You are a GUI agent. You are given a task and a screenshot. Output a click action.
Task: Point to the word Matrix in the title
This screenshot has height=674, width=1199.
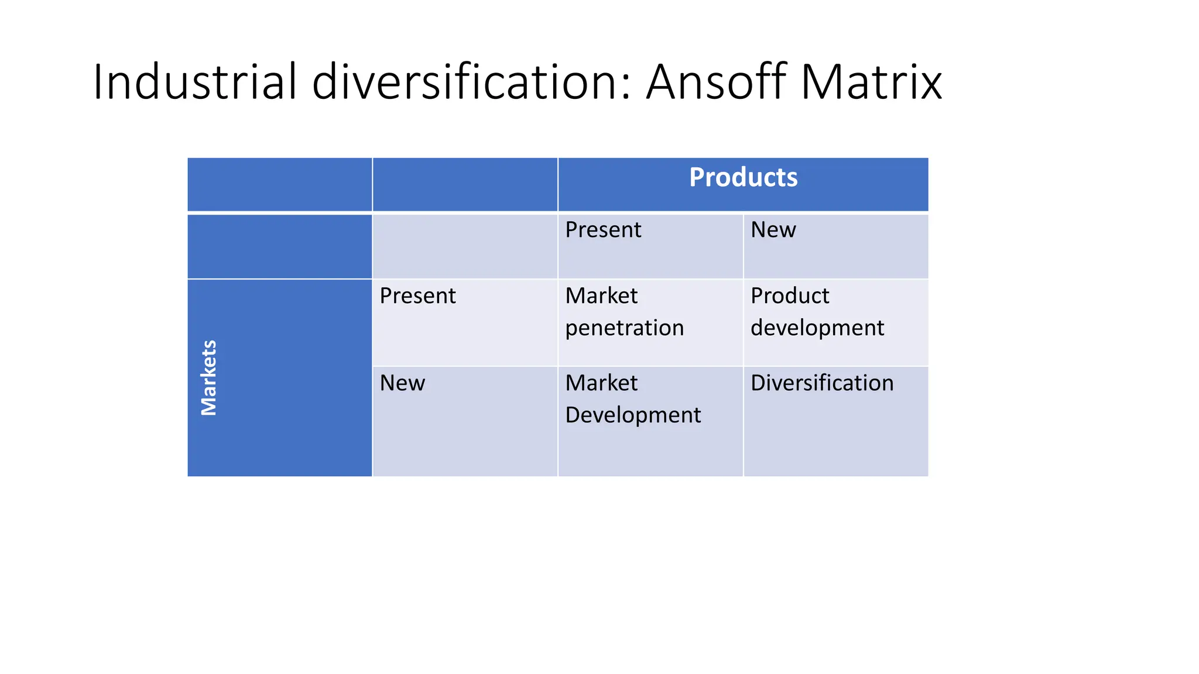pyautogui.click(x=871, y=82)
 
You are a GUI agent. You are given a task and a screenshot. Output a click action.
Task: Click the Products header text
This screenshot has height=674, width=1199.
pyautogui.click(x=743, y=177)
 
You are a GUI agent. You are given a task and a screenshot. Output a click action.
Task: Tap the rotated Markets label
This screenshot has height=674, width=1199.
pyautogui.click(x=209, y=378)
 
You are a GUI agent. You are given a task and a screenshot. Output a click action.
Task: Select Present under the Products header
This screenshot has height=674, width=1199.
pyautogui.click(x=603, y=230)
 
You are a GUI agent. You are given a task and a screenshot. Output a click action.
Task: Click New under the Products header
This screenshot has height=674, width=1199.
pyautogui.click(x=773, y=230)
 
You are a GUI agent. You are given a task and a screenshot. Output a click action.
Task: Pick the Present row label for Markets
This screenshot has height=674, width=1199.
pyautogui.click(x=417, y=296)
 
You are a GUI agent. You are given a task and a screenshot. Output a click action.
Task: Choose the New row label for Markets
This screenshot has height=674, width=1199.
pyautogui.click(x=402, y=383)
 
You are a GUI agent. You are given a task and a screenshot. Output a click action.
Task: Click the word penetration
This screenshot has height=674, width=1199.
pyautogui.click(x=624, y=328)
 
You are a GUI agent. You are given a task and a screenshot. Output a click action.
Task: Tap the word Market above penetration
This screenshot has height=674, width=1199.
pyautogui.click(x=601, y=296)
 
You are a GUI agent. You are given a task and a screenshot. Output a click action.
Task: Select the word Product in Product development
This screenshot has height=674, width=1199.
pyautogui.click(x=790, y=296)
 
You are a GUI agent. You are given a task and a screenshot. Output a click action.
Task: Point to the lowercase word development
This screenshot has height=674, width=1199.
pyautogui.click(x=817, y=328)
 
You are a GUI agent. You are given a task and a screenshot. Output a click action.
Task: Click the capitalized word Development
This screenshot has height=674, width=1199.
pyautogui.click(x=633, y=415)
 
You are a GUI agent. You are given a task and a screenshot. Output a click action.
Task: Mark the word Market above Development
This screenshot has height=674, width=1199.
pyautogui.click(x=601, y=383)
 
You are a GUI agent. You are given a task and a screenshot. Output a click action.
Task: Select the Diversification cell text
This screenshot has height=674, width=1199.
pyautogui.click(x=822, y=383)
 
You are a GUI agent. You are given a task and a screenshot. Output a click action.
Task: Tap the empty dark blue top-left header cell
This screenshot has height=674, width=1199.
pyautogui.click(x=279, y=184)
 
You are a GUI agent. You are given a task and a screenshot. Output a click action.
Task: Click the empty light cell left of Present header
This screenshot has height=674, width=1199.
pyautogui.click(x=465, y=246)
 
